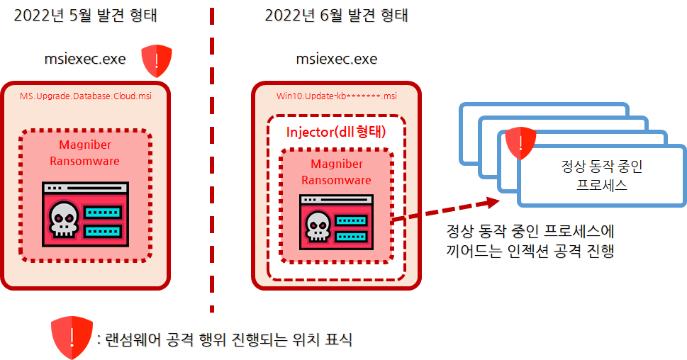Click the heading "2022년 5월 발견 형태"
click(x=85, y=16)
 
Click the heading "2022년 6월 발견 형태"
click(x=336, y=16)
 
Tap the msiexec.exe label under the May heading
click(x=85, y=59)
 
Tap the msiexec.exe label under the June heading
click(x=337, y=59)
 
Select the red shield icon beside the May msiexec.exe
click(x=157, y=60)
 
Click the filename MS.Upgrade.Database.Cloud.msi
click(x=86, y=96)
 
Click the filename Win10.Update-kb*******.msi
click(x=337, y=96)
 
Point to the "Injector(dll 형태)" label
click(x=336, y=132)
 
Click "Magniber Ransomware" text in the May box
click(x=84, y=153)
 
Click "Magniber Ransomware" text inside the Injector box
click(x=337, y=171)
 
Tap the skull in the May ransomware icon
click(x=64, y=219)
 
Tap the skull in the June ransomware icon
click(x=318, y=226)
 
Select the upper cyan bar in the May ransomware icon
click(x=103, y=213)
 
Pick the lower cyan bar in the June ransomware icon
click(x=351, y=237)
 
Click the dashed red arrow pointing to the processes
click(x=445, y=210)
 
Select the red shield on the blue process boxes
click(x=520, y=143)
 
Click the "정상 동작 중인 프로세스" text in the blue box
click(x=601, y=176)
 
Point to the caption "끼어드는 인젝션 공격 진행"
click(x=530, y=251)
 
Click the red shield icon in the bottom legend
click(x=72, y=337)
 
